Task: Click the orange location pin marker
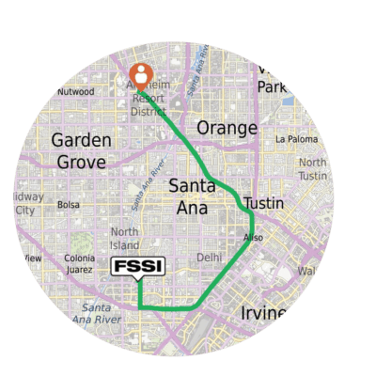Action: pos(140,73)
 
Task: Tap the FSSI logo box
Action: pos(138,267)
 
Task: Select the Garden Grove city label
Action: pos(82,149)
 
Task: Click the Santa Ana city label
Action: pos(195,196)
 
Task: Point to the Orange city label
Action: pos(227,128)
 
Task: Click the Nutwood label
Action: pos(75,92)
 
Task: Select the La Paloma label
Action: pos(294,139)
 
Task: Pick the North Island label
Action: pos(126,239)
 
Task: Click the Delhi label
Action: pos(209,256)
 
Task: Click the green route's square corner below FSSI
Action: pos(139,307)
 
